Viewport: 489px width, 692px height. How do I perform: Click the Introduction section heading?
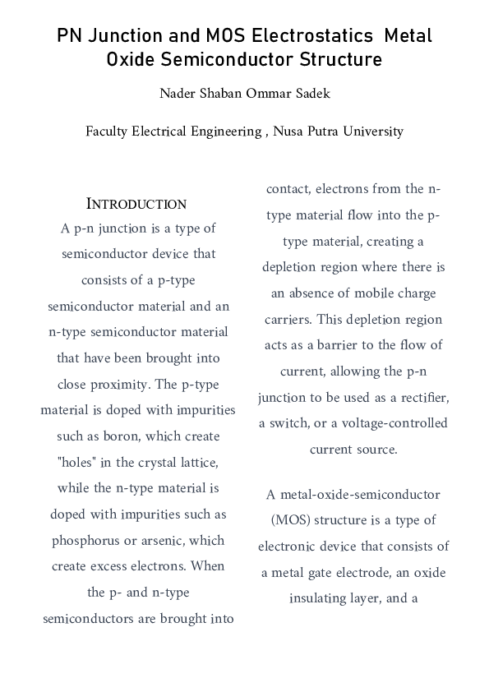click(x=136, y=204)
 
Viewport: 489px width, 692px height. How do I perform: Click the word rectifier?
click(x=422, y=397)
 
